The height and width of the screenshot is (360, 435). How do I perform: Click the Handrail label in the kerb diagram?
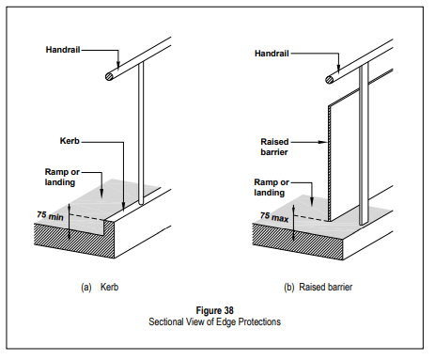point(63,50)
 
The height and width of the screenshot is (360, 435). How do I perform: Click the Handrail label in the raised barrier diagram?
point(272,54)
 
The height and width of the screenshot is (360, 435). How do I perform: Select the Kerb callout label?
point(70,141)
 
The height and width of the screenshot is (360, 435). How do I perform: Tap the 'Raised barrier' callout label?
point(274,147)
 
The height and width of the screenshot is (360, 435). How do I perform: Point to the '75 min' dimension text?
point(50,215)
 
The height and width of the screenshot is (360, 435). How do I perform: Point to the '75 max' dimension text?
point(274,217)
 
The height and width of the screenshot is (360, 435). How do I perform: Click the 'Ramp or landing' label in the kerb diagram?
point(62,177)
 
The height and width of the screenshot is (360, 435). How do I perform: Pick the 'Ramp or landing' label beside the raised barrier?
point(272,187)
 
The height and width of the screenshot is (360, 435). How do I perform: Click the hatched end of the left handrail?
point(109,76)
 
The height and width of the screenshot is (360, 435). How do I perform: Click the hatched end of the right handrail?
point(330,80)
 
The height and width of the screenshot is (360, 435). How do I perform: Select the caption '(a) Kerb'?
point(100,287)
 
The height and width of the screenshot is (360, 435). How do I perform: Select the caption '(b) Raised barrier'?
point(318,287)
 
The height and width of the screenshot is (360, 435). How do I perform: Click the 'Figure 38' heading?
point(215,310)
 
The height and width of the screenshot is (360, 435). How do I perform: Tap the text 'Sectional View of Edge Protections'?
point(214,321)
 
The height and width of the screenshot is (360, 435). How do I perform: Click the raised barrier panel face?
point(345,157)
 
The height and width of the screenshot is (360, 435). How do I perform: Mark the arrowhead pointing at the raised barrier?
point(323,142)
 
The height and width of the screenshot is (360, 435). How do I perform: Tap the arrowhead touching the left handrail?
point(118,64)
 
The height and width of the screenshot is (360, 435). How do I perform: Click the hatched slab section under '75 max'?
point(298,243)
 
